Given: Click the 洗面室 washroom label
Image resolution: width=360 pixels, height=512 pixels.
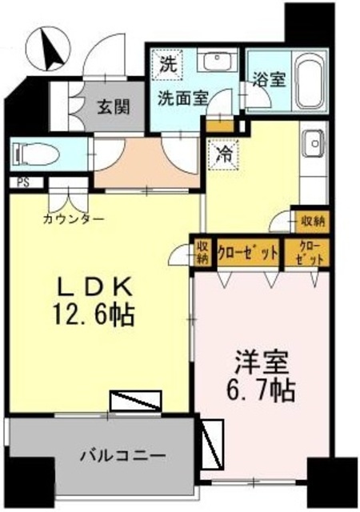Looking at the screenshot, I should coord(182,98).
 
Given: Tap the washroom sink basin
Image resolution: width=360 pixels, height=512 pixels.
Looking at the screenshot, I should coord(214,62).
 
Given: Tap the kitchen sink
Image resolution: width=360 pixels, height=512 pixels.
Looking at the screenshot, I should coord(313,144).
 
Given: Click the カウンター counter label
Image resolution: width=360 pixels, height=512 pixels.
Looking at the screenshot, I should coord(74,217).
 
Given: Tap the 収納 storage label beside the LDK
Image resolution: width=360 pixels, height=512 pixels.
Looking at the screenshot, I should coord(202,252).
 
